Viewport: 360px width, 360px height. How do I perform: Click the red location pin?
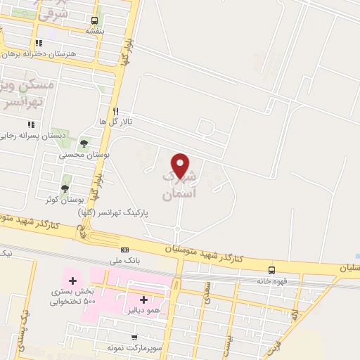tap(181, 166)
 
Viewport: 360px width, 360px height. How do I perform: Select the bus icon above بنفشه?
tap(95, 20)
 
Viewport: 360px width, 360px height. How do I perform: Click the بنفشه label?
tap(95, 31)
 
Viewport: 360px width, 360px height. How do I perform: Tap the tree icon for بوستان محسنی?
tap(84, 143)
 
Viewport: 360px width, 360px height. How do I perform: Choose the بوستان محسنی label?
tap(84, 153)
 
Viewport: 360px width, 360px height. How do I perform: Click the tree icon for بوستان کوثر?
tap(65, 188)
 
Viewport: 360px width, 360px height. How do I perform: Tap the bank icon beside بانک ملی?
tap(124, 250)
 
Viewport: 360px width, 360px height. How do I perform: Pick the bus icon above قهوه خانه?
tap(271, 270)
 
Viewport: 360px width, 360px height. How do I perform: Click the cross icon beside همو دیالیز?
tap(143, 300)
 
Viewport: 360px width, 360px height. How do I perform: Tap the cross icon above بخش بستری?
tap(72, 281)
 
